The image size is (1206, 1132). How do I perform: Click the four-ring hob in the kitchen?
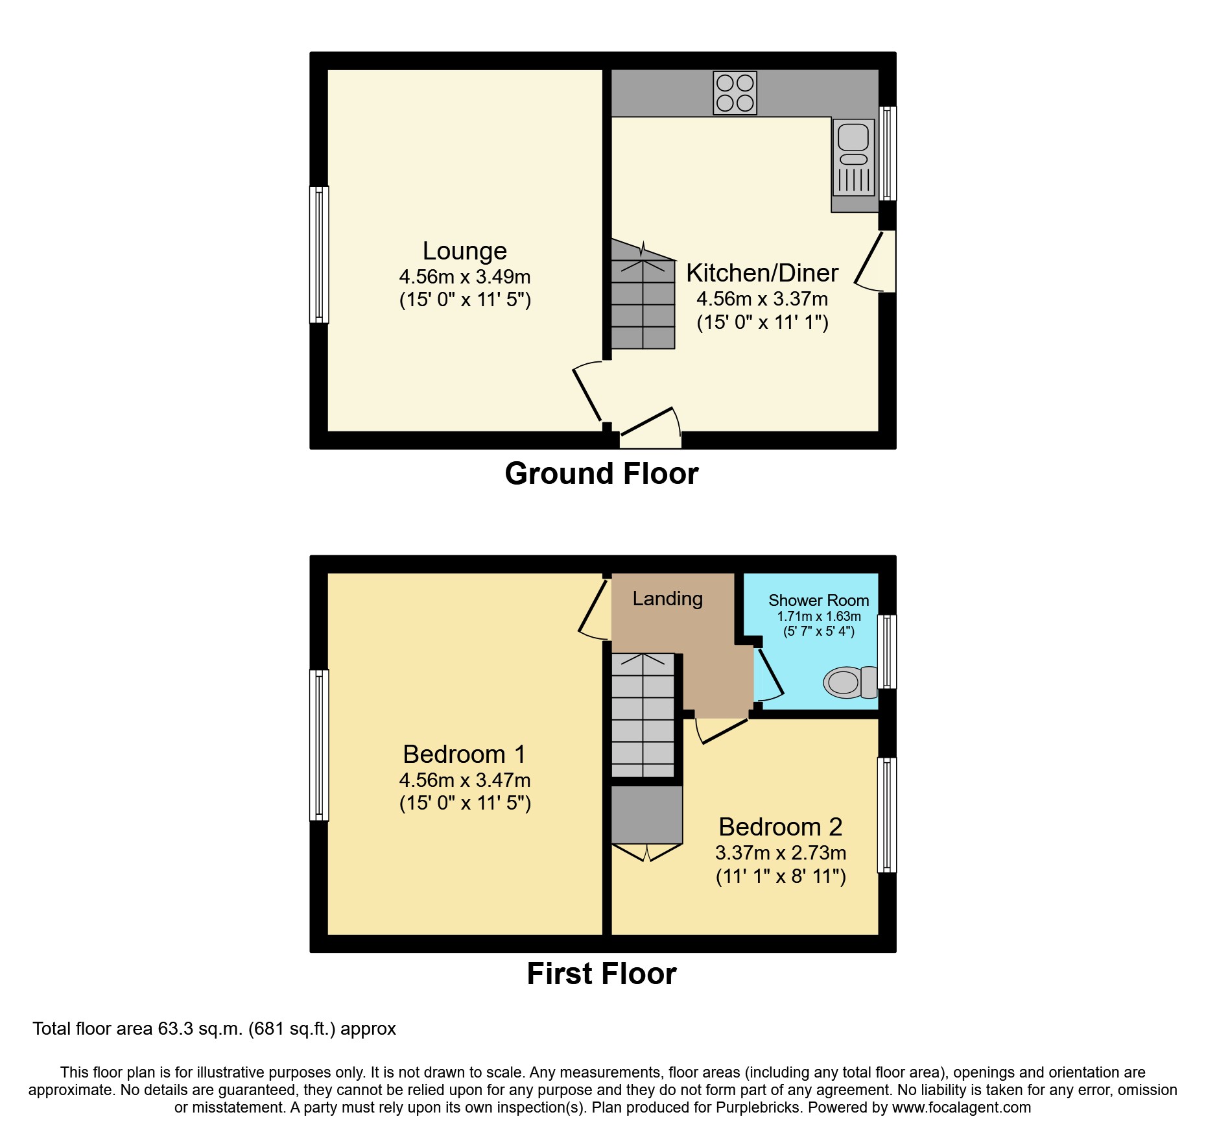[735, 93]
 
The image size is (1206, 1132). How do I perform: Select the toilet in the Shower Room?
[850, 682]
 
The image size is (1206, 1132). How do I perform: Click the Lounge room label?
[464, 251]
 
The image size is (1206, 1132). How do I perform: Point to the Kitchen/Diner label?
[762, 273]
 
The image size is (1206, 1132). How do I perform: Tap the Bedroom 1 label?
[464, 754]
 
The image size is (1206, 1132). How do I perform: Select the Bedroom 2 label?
[780, 827]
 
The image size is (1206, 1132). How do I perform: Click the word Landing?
[667, 598]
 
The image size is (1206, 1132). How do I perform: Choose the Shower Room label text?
[818, 601]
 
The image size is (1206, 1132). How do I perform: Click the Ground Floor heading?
[601, 474]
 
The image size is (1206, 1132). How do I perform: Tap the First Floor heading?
[601, 974]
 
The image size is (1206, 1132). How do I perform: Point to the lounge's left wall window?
[318, 254]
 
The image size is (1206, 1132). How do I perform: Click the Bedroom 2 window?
[887, 815]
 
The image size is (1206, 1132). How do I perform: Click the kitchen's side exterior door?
[875, 261]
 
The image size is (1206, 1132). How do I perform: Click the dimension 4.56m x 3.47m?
[464, 780]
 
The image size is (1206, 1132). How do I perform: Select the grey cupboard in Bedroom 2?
[646, 815]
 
